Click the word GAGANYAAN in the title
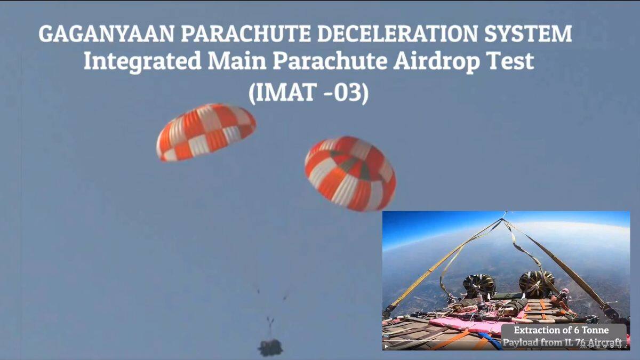click(106, 34)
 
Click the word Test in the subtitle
click(510, 61)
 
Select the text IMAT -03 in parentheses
click(309, 93)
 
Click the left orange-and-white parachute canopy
click(206, 132)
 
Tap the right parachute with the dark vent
click(350, 173)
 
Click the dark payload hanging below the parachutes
click(270, 347)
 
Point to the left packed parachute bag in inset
click(479, 286)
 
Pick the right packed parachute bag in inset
click(537, 284)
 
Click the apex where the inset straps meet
click(502, 219)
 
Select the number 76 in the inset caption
click(581, 342)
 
